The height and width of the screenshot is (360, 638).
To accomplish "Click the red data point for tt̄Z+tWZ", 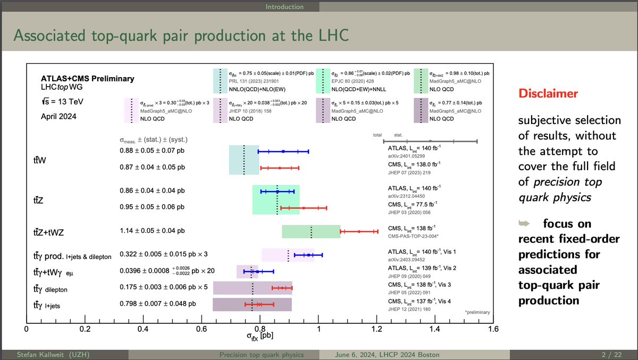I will pos(359,231).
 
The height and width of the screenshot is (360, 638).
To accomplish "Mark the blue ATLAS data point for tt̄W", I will pos(283,152).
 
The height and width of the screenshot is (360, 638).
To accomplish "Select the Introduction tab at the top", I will pos(284,7).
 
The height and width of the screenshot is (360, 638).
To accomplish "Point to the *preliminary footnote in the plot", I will pos(477,313).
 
